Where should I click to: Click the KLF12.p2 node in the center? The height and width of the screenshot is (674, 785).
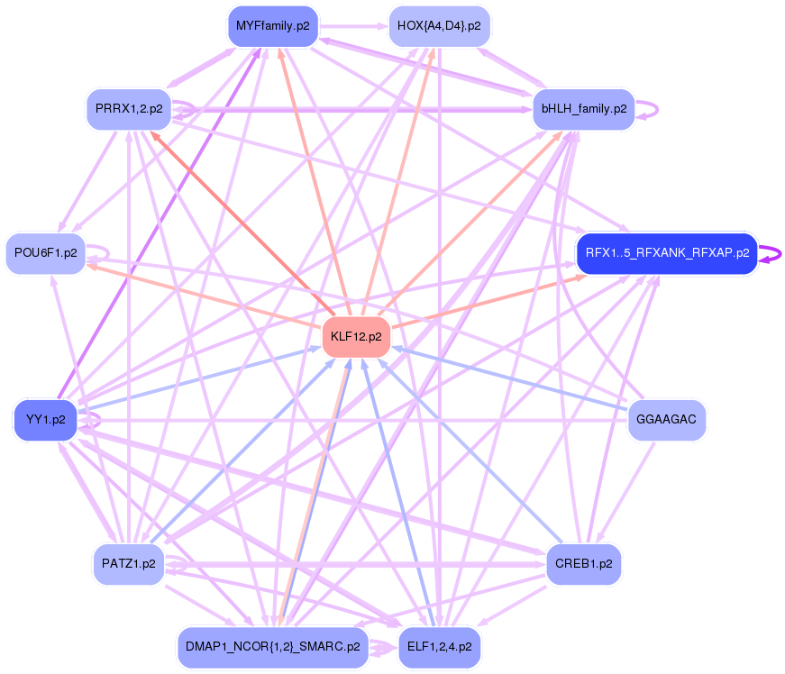(x=356, y=337)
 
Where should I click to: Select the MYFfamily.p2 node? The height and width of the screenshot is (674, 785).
(x=272, y=26)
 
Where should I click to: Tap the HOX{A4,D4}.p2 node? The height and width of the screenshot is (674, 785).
(x=438, y=26)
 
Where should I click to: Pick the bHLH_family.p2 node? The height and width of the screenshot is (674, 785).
(x=583, y=109)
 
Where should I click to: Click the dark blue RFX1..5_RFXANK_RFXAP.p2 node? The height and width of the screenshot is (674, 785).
(x=667, y=253)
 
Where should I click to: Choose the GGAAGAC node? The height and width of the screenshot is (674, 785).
(x=666, y=420)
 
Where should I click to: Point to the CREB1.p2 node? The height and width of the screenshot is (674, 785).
(x=583, y=564)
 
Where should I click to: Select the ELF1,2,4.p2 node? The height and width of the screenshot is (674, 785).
(x=438, y=647)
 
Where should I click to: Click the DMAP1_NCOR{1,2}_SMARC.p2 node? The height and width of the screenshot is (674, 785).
(x=272, y=647)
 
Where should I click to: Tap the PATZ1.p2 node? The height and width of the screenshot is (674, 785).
(x=129, y=564)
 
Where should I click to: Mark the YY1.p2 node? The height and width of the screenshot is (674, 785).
(x=46, y=420)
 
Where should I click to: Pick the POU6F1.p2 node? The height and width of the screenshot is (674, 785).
(x=46, y=253)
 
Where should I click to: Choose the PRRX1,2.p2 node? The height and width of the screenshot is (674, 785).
(x=129, y=109)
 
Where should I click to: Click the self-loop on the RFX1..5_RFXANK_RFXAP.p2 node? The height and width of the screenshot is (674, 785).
(x=771, y=253)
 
